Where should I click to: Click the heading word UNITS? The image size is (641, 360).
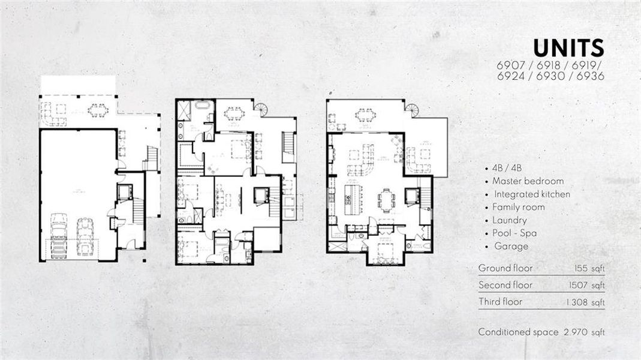[568, 49]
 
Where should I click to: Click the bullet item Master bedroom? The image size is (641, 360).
[528, 181]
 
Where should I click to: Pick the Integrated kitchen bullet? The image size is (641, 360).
[532, 194]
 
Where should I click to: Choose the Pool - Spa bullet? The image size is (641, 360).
[514, 233]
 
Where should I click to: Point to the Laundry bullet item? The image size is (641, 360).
[510, 220]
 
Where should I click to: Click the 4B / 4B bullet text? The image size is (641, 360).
[507, 168]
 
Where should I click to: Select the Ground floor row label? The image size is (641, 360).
[505, 268]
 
